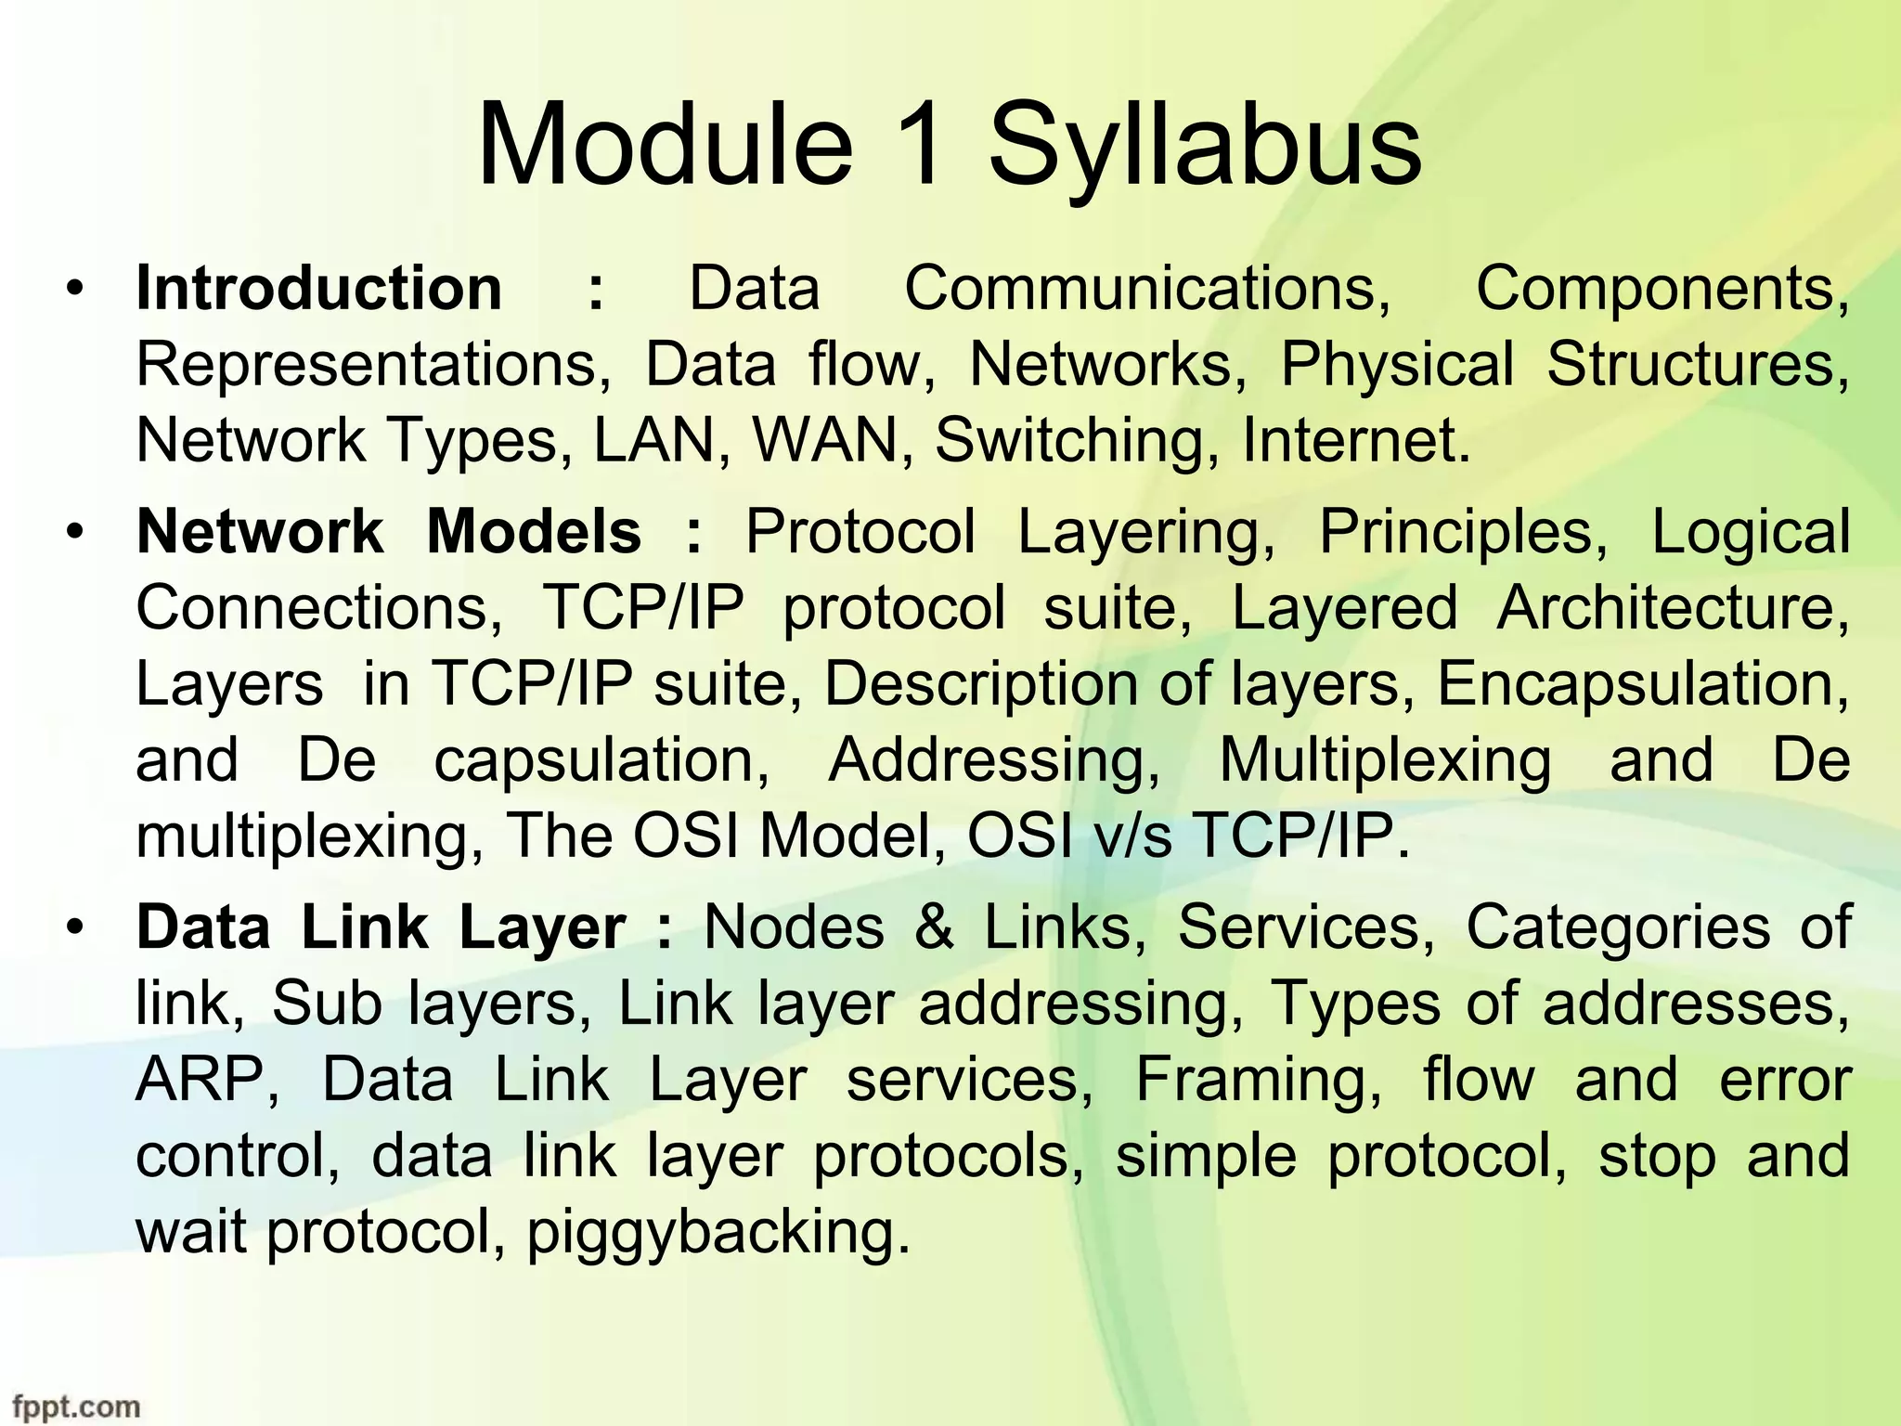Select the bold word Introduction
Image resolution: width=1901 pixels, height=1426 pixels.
point(319,288)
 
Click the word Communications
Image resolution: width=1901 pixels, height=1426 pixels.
point(1147,288)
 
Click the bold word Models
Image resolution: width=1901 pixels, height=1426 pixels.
point(534,532)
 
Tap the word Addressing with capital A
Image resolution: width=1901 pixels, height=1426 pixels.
point(993,762)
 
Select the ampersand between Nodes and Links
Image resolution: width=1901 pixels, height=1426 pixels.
point(934,927)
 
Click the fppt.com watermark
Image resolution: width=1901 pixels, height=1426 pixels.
point(76,1407)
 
